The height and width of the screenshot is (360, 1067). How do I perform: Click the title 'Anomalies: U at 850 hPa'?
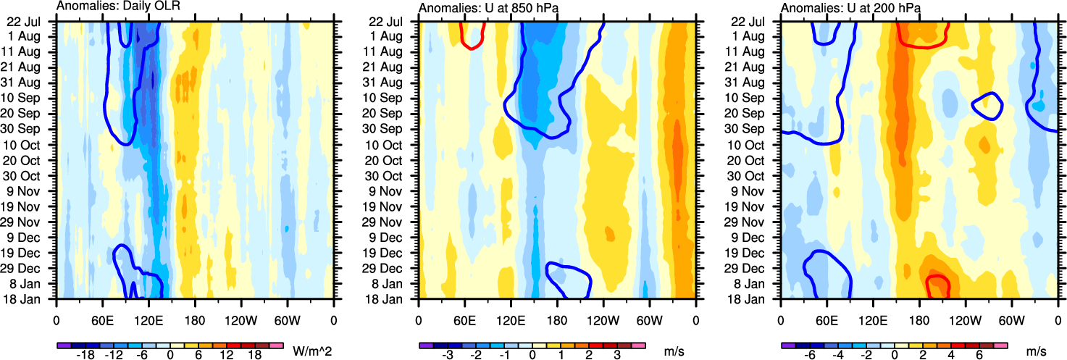[x=481, y=7]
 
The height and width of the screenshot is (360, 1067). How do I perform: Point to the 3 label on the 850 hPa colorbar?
[x=616, y=356]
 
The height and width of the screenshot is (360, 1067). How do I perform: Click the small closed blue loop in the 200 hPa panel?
[x=987, y=106]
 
